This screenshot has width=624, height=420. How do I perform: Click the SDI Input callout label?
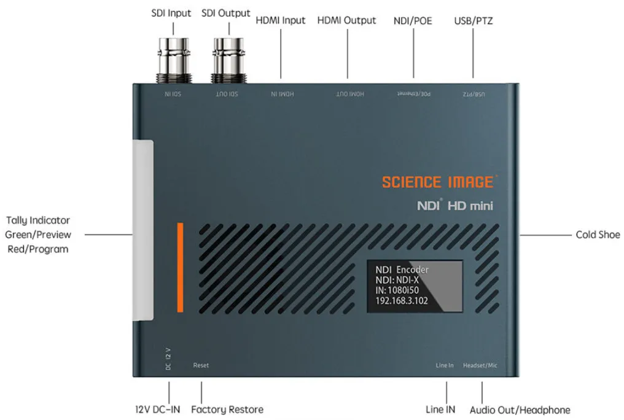pyautogui.click(x=171, y=13)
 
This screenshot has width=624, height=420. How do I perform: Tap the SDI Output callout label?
pyautogui.click(x=226, y=13)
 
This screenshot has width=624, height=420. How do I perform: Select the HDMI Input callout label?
pyautogui.click(x=281, y=20)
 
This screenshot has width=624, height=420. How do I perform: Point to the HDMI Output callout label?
pyautogui.click(x=346, y=20)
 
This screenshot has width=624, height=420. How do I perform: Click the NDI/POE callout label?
pyautogui.click(x=413, y=21)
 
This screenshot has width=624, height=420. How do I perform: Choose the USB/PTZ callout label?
pyautogui.click(x=473, y=21)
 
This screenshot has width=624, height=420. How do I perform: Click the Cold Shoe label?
pyautogui.click(x=598, y=235)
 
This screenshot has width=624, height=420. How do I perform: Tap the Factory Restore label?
pyautogui.click(x=227, y=410)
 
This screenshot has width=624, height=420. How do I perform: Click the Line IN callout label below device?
pyautogui.click(x=440, y=410)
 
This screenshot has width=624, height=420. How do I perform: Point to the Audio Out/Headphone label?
pyautogui.click(x=520, y=410)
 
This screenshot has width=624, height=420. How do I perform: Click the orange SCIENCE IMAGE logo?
pyautogui.click(x=437, y=182)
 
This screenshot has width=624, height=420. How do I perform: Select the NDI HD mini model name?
pyautogui.click(x=455, y=206)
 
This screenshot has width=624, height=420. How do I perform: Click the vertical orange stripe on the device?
pyautogui.click(x=181, y=267)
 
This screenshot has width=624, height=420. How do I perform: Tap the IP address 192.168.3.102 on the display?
pyautogui.click(x=402, y=301)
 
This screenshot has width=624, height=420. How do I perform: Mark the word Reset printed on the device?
pyautogui.click(x=201, y=365)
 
